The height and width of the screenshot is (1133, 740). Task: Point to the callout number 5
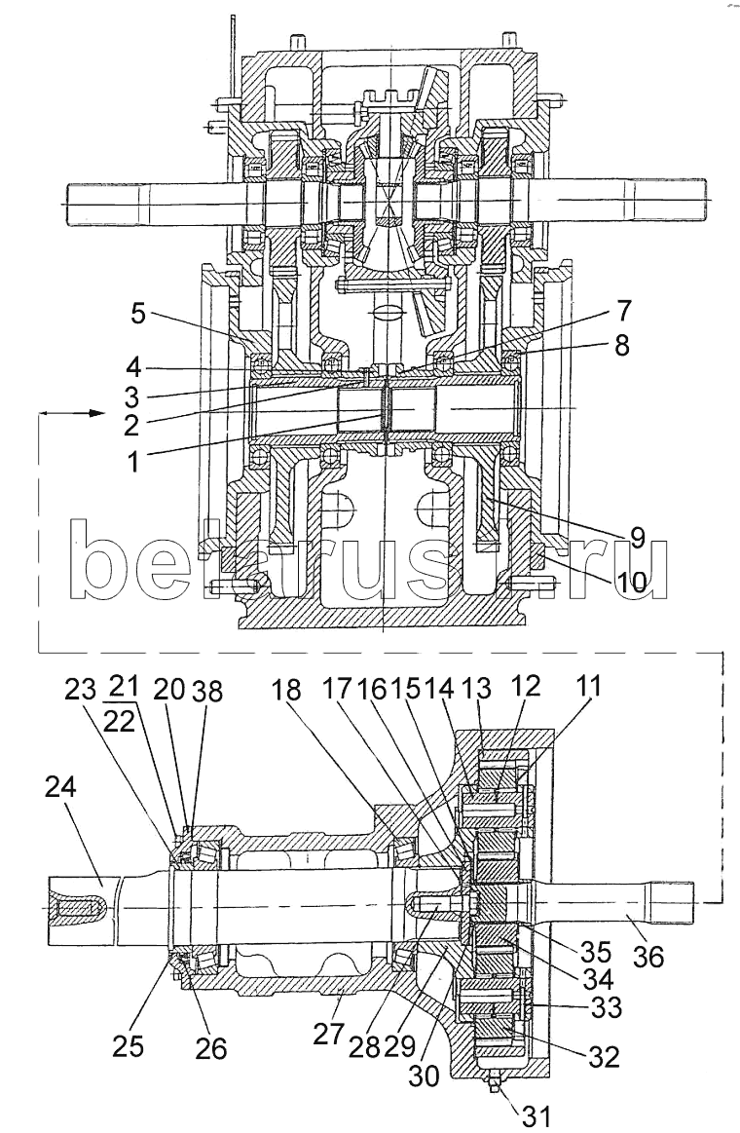[x=138, y=316]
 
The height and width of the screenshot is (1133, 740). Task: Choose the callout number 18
[x=285, y=691]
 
